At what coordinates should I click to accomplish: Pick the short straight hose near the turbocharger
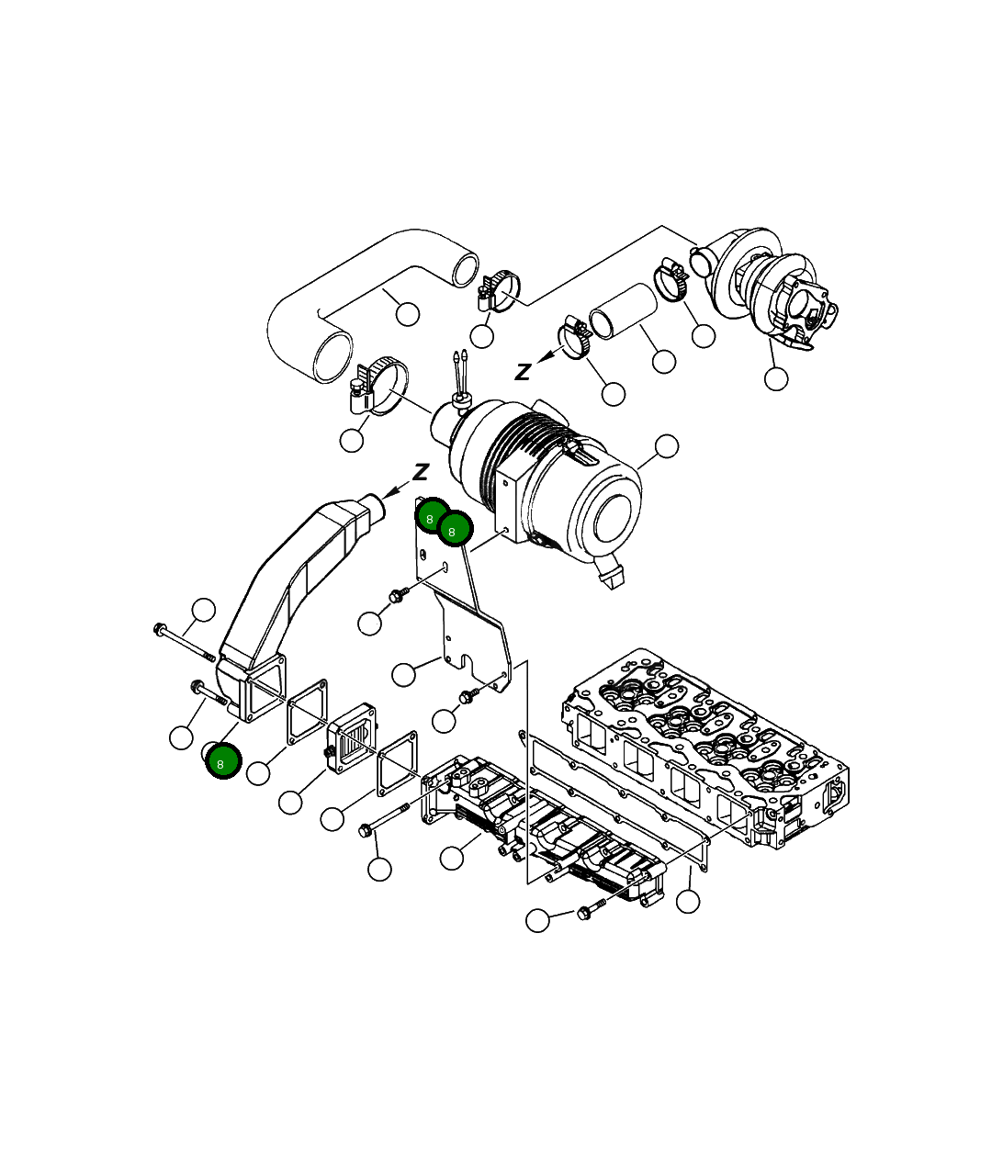622,312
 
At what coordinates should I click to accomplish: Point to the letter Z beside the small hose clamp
523,372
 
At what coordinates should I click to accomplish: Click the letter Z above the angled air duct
421,472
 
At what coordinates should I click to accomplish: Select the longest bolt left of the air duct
184,643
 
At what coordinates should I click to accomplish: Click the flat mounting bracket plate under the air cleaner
468,624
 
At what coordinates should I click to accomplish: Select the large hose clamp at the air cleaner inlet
381,386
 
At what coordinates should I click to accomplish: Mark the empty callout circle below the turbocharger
776,378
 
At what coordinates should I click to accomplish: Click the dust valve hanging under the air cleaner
611,575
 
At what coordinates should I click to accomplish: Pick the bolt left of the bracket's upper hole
397,596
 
